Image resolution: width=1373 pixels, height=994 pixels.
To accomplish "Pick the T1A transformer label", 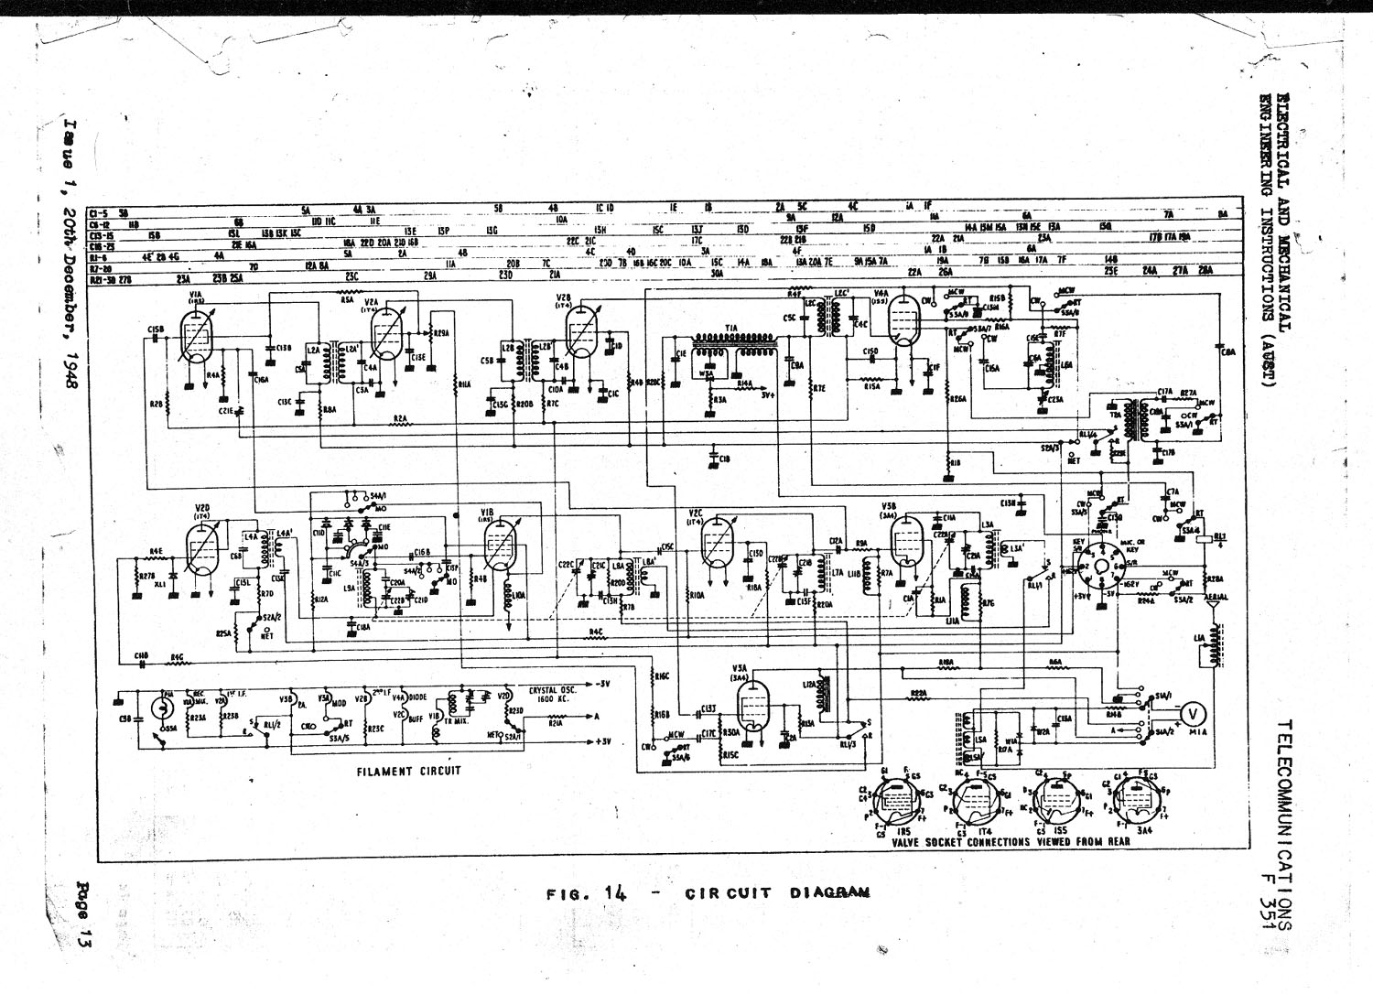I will point(731,328).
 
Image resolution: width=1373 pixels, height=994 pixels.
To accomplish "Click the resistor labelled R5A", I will point(347,298).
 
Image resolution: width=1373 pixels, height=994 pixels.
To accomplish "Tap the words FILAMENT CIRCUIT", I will point(408,771).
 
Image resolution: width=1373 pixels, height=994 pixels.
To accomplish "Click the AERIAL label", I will point(1217,596).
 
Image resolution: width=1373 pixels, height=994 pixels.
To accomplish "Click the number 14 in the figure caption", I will point(615,894).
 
